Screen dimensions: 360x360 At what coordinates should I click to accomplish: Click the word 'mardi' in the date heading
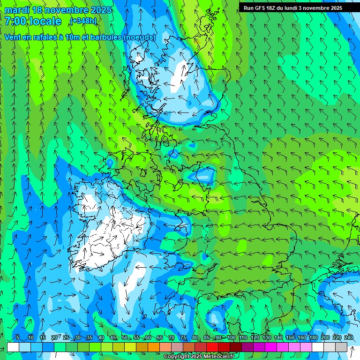pyautogui.click(x=17, y=10)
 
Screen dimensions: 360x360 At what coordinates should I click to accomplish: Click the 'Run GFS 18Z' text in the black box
pyautogui.click(x=260, y=8)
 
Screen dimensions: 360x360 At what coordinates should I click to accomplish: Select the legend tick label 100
pyautogui.click(x=231, y=337)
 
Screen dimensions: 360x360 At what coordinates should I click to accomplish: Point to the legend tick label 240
pyautogui.click(x=348, y=337)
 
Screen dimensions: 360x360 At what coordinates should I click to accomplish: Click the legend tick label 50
pyautogui.click(x=125, y=337)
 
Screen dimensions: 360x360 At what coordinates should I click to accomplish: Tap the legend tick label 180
pyautogui.click(x=313, y=337)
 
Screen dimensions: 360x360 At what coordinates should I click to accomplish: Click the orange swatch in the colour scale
pyautogui.click(x=154, y=347)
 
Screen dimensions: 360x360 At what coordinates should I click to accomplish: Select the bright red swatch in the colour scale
pyautogui.click(x=213, y=347)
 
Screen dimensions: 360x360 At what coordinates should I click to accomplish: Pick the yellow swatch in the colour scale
pyautogui.click(x=119, y=347)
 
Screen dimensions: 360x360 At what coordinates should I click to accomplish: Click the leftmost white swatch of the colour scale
pyautogui.click(x=13, y=347)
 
